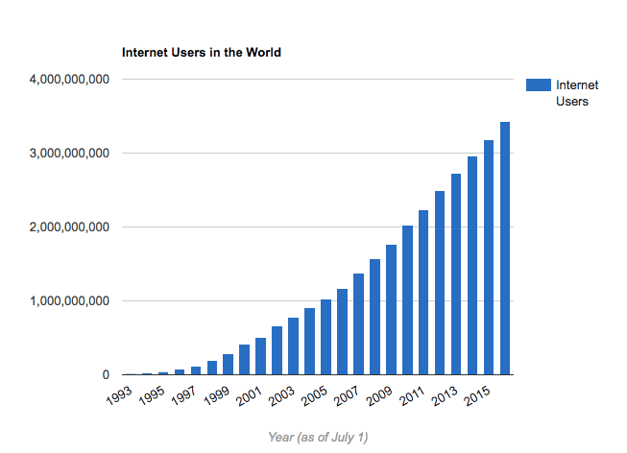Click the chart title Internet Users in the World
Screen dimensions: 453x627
coord(201,53)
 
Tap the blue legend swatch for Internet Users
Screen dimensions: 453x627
coord(537,85)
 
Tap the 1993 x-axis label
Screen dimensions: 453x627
coord(120,396)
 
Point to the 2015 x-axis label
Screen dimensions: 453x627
coord(478,396)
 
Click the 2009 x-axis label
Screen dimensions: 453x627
coord(380,396)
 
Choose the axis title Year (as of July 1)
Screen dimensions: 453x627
coord(318,438)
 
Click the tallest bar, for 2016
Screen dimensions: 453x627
coord(505,249)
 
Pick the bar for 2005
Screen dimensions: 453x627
coord(326,337)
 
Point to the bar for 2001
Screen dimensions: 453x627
coord(260,356)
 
